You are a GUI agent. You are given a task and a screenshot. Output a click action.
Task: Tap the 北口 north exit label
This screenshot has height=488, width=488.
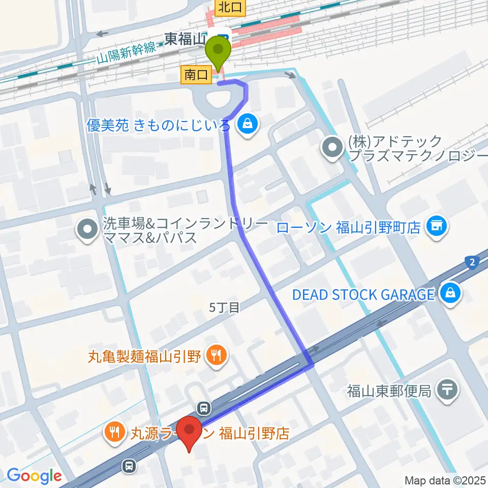[230, 8]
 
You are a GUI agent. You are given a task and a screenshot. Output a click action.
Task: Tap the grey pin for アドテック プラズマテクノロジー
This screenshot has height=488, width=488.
[333, 148]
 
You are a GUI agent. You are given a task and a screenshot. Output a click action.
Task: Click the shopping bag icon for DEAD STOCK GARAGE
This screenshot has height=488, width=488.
[450, 293]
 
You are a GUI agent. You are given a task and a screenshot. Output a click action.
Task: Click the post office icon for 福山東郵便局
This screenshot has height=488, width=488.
[447, 390]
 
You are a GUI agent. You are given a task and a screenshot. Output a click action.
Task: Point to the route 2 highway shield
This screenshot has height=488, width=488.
[472, 262]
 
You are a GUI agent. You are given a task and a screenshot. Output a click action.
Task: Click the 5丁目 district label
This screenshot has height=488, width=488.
[224, 307]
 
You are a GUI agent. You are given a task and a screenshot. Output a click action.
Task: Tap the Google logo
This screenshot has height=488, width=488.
[34, 476]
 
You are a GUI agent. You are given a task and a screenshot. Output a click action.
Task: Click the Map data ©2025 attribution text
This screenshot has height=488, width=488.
[445, 480]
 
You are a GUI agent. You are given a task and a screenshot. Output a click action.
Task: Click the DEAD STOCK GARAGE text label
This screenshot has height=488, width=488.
[363, 294]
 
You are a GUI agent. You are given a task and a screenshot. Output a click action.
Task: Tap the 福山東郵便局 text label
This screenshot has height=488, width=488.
[389, 391]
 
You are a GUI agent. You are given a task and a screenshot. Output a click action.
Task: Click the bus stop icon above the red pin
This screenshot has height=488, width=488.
[204, 407]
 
